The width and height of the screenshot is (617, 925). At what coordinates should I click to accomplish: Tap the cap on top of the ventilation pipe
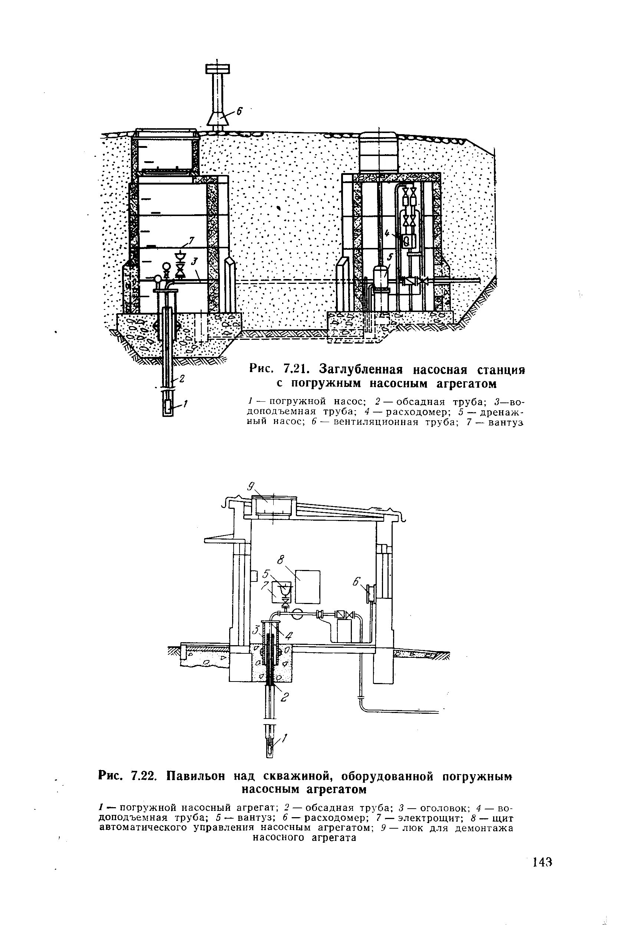[217, 69]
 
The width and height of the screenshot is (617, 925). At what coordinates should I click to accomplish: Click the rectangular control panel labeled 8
[307, 586]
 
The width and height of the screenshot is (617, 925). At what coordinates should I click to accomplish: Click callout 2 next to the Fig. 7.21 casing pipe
[182, 379]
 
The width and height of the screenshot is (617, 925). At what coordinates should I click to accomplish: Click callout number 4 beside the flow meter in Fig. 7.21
[387, 233]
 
